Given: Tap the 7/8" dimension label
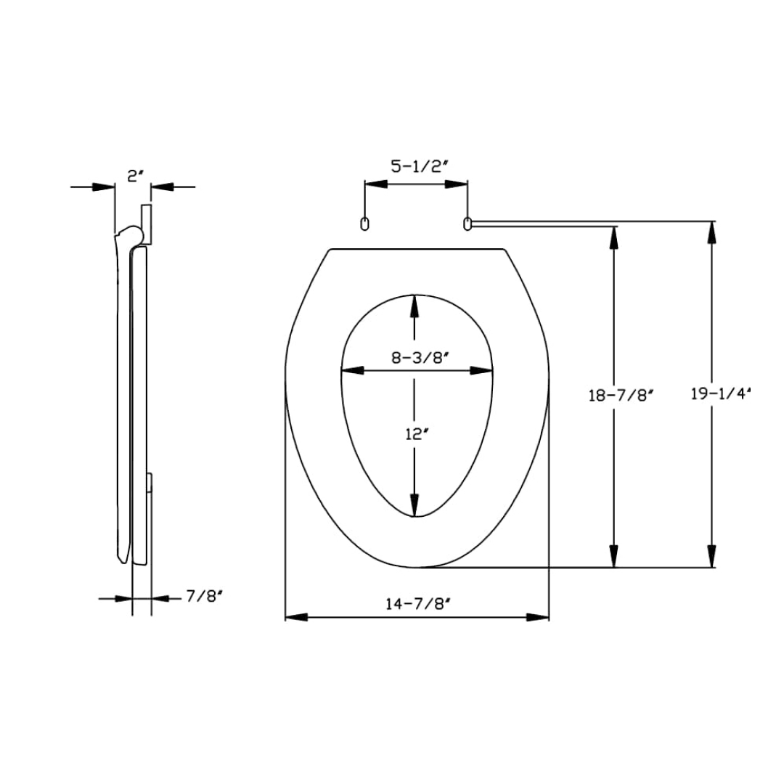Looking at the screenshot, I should point(204,596).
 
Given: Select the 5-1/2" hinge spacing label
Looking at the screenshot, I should point(417,167).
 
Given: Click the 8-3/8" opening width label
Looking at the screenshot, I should point(417,357).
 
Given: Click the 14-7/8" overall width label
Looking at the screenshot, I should point(417,603).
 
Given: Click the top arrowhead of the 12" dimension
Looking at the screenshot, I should point(414,305).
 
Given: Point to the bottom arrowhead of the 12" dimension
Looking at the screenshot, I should point(414,505).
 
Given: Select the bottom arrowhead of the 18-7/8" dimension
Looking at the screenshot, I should point(615,557).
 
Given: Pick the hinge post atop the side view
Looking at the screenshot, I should point(146,224).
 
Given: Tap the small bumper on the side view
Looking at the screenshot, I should point(150,482).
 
